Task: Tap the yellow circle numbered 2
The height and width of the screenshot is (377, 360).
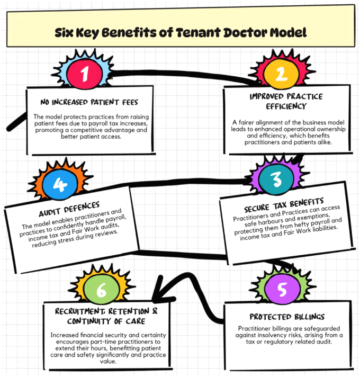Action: pyautogui.click(x=282, y=73)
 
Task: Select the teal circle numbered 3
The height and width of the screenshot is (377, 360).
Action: pyautogui.click(x=276, y=179)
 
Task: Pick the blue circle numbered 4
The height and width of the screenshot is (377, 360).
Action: pyautogui.click(x=60, y=184)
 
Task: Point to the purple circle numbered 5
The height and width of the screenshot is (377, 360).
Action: pyautogui.click(x=282, y=289)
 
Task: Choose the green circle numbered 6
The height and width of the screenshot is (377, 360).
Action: pyautogui.click(x=102, y=289)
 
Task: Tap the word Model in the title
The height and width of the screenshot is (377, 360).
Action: pyautogui.click(x=288, y=33)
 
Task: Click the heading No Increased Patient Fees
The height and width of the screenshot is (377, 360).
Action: pyautogui.click(x=89, y=102)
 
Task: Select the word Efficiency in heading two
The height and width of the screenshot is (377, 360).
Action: pyautogui.click(x=286, y=106)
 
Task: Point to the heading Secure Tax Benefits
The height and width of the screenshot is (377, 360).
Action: pyautogui.click(x=284, y=205)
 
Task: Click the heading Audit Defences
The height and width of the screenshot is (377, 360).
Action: pyautogui.click(x=69, y=209)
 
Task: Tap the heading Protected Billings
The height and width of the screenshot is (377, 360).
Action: pyautogui.click(x=287, y=317)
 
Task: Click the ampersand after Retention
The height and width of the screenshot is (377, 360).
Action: pyautogui.click(x=155, y=311)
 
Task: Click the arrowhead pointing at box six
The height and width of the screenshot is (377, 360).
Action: pyautogui.click(x=160, y=292)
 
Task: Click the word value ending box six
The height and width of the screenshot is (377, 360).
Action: pyautogui.click(x=108, y=361)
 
